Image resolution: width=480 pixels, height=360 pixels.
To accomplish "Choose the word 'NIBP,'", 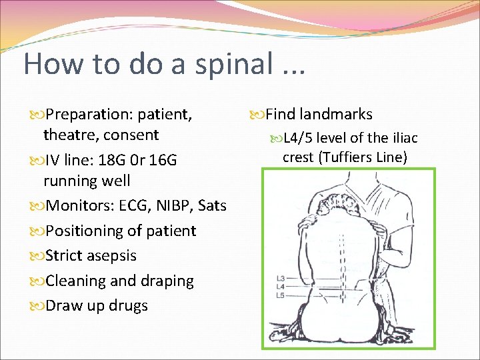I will [171, 205].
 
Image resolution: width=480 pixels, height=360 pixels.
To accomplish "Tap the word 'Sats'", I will [213, 205].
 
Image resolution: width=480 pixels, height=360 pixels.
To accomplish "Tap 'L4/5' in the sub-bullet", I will [297, 139].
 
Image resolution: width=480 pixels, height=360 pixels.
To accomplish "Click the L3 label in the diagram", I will [281, 277].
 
